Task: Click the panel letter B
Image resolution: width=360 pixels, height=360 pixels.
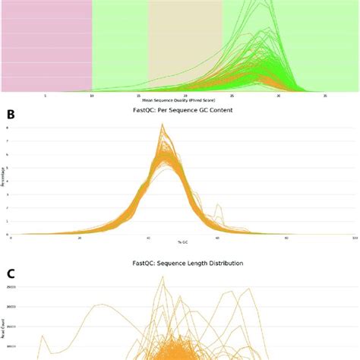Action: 10,115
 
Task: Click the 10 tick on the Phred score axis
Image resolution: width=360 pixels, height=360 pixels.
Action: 92,96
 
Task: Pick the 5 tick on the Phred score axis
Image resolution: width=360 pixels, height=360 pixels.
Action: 46,96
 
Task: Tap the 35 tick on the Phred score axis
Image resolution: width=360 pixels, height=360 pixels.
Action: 325,96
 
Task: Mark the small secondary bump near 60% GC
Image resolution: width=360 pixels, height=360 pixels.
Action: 219,205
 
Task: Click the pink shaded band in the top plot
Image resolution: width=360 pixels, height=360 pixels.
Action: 46,46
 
